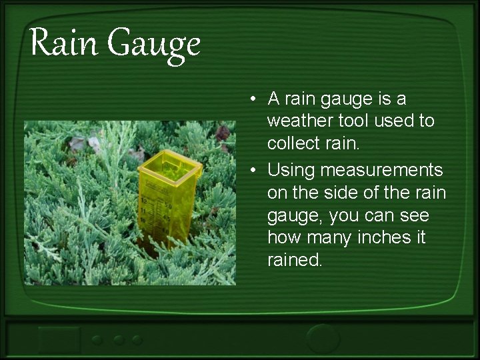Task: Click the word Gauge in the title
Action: point(153,45)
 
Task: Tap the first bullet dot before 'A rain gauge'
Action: point(255,100)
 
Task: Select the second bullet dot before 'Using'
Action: point(255,171)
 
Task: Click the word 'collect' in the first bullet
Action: point(294,145)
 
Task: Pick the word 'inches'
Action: point(385,237)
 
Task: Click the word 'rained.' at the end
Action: point(295,260)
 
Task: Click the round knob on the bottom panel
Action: point(323,337)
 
